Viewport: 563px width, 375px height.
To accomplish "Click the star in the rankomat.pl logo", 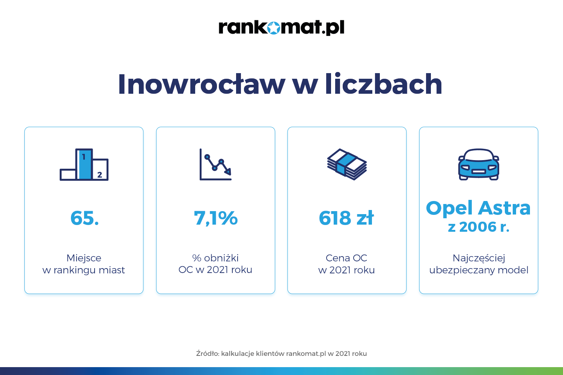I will coord(274,27).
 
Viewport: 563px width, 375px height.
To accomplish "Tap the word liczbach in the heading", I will coord(384,84).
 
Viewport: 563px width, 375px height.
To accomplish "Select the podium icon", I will coord(84,165).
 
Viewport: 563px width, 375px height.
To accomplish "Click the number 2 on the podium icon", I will coord(100,175).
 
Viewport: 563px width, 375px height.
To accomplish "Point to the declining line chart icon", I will coord(215,165).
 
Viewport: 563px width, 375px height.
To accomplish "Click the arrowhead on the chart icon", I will coord(228,172).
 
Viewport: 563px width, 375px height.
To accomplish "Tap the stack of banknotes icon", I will coord(347,164).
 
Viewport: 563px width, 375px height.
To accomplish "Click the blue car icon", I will coord(479,165).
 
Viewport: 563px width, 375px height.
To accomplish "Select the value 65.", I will coord(84,218).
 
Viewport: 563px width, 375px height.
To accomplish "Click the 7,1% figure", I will coord(216,218).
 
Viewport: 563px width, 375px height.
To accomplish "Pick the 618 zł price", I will coord(346,218).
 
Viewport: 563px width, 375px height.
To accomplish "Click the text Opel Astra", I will coord(478,208).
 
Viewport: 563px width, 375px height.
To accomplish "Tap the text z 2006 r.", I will coord(479,227).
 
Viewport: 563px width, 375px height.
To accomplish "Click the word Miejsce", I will coord(84,258).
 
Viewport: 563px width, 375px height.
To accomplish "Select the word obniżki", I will coord(221,258).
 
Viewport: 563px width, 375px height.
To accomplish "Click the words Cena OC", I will coord(346,258).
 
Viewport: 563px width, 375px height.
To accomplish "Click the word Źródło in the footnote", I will coord(208,353).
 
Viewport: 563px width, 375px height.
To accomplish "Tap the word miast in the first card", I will coord(113,270).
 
